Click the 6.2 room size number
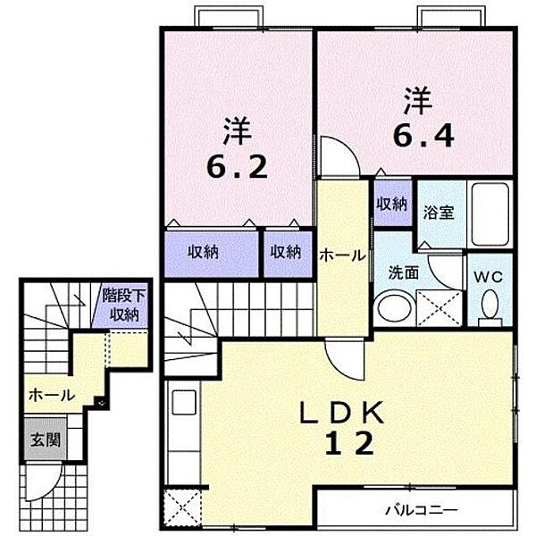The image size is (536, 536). click(x=237, y=167)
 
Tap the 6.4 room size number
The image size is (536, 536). click(x=423, y=136)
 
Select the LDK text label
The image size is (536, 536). click(x=341, y=413)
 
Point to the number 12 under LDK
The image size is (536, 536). click(x=348, y=443)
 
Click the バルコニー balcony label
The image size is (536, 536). click(x=421, y=511)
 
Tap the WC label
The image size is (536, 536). click(x=488, y=277)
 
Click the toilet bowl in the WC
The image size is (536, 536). click(x=490, y=305)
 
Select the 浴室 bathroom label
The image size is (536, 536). click(x=439, y=213)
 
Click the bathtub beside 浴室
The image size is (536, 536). click(x=490, y=214)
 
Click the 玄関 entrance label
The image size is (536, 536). click(x=46, y=440)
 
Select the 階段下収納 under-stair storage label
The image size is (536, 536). click(x=124, y=306)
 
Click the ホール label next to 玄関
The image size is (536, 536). click(x=52, y=396)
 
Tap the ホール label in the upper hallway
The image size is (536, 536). click(x=342, y=255)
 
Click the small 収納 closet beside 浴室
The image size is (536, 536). click(x=392, y=204)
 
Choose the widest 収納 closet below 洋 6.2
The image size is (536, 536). click(x=211, y=254)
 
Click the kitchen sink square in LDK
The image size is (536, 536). click(x=184, y=402)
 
